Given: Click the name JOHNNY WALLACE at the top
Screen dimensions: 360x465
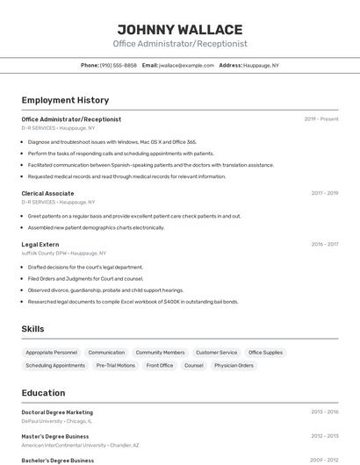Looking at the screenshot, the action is pyautogui.click(x=180, y=29).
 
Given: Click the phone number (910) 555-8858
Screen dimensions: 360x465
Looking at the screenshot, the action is pyautogui.click(x=118, y=65).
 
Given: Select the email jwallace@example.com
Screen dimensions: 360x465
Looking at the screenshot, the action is pyautogui.click(x=186, y=65).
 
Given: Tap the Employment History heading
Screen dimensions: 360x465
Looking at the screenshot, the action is pyautogui.click(x=65, y=100).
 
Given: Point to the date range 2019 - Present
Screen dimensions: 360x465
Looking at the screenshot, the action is pyautogui.click(x=321, y=118).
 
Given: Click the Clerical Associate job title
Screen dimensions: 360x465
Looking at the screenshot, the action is pyautogui.click(x=47, y=193).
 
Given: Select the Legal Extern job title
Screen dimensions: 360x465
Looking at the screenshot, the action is pyautogui.click(x=40, y=244).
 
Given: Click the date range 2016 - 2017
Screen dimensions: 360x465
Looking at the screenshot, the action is pyautogui.click(x=325, y=244).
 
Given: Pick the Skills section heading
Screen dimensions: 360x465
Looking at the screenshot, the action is pyautogui.click(x=33, y=329).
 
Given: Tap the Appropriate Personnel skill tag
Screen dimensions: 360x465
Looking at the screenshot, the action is pyautogui.click(x=52, y=352).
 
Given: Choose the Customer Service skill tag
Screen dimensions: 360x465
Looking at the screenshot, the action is pyautogui.click(x=216, y=352).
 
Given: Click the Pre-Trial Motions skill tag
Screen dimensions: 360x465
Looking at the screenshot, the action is pyautogui.click(x=116, y=365).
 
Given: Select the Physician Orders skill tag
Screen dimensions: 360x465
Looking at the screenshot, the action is pyautogui.click(x=234, y=365).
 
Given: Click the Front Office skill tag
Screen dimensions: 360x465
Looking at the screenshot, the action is pyautogui.click(x=160, y=365).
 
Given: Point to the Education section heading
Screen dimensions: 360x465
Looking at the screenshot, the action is pyautogui.click(x=43, y=393).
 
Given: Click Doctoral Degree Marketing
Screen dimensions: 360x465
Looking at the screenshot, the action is pyautogui.click(x=57, y=411).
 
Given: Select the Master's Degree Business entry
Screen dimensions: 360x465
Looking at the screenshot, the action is pyautogui.click(x=55, y=436).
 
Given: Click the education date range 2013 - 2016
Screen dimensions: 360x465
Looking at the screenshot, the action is pyautogui.click(x=325, y=411).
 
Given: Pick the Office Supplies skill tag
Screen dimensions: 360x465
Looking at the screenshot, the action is pyautogui.click(x=265, y=352).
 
